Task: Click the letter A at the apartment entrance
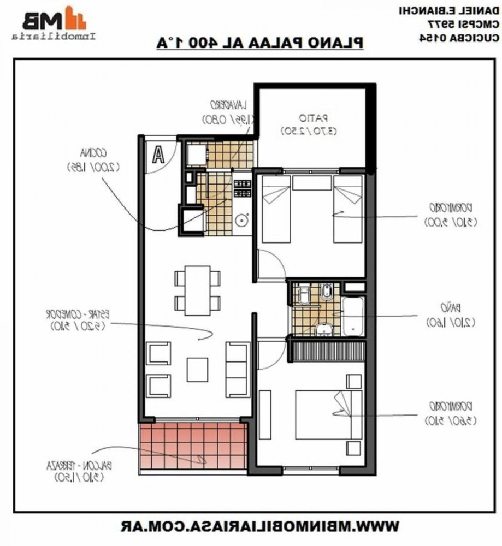[158, 155]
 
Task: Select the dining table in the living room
[197, 290]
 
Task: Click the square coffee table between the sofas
[197, 369]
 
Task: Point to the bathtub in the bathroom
[353, 316]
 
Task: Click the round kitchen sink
[241, 220]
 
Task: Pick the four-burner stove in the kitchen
[242, 188]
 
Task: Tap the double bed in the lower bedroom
[328, 414]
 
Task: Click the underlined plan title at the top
[259, 43]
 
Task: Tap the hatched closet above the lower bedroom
[327, 349]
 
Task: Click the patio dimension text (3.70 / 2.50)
[309, 131]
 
